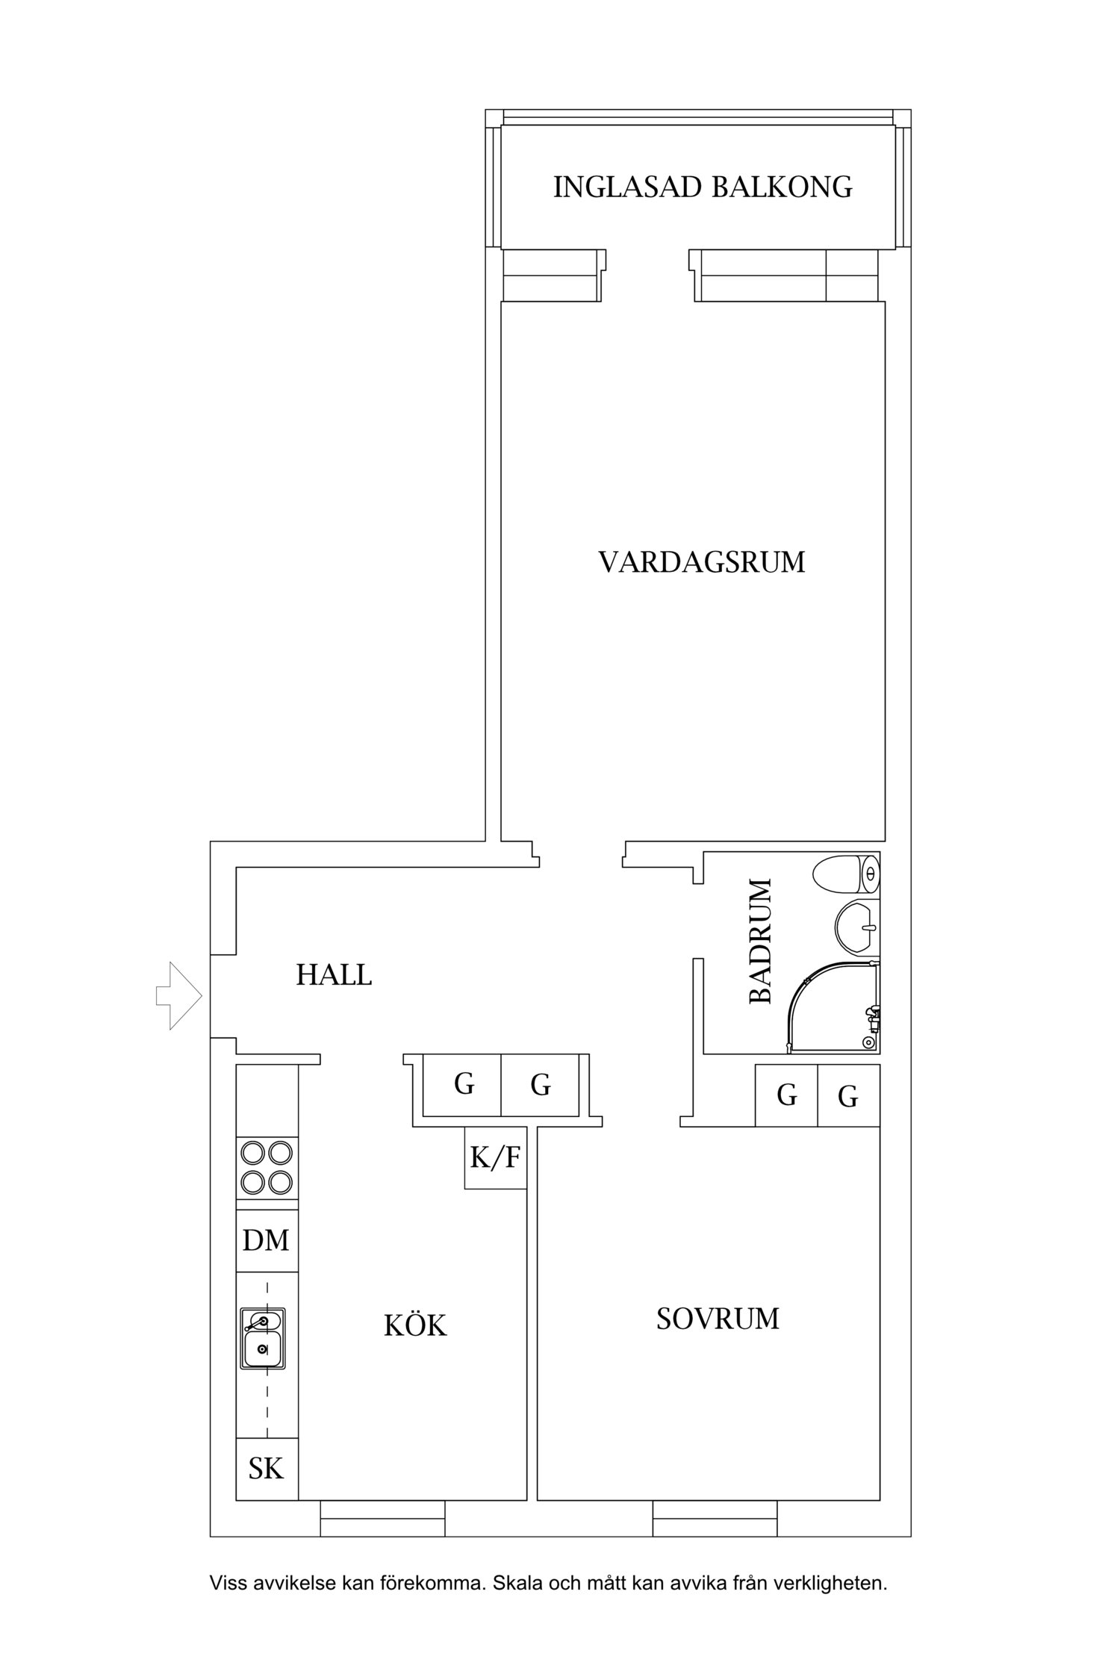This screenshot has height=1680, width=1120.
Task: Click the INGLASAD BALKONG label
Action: click(x=702, y=187)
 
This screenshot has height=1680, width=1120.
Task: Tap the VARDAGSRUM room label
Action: click(x=702, y=562)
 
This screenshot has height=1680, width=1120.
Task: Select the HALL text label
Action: click(x=334, y=975)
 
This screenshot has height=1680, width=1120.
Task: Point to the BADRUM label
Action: click(x=760, y=942)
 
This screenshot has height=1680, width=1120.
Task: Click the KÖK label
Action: click(x=415, y=1325)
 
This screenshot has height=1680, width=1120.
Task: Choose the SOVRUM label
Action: click(x=718, y=1319)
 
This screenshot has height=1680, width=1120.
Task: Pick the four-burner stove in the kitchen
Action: click(x=267, y=1168)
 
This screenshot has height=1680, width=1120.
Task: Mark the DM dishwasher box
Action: click(x=267, y=1240)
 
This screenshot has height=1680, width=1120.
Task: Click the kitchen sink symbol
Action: click(x=263, y=1338)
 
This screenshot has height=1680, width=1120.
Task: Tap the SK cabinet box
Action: click(x=267, y=1469)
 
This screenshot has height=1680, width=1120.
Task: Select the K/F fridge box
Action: click(x=495, y=1157)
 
